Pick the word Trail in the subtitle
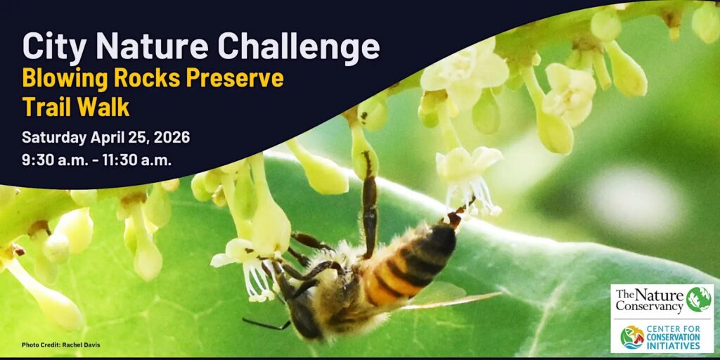coord(47,107)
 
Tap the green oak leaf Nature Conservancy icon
coord(698,299)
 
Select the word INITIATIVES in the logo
coord(676,346)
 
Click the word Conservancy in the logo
coord(650,307)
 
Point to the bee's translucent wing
coord(450,299)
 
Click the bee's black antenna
coord(266,324)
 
